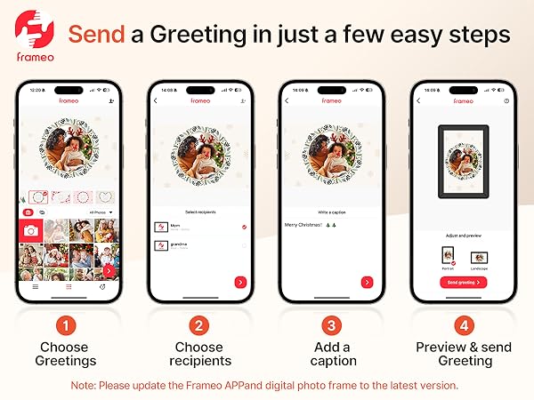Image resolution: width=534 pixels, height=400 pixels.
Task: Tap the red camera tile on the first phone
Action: click(x=31, y=230)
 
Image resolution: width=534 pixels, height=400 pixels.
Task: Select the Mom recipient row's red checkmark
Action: click(x=243, y=228)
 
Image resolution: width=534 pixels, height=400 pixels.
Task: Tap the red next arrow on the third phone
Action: click(x=368, y=282)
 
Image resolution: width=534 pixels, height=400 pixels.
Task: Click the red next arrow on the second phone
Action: click(x=240, y=282)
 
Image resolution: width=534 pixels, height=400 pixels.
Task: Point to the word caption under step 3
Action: click(x=334, y=361)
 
